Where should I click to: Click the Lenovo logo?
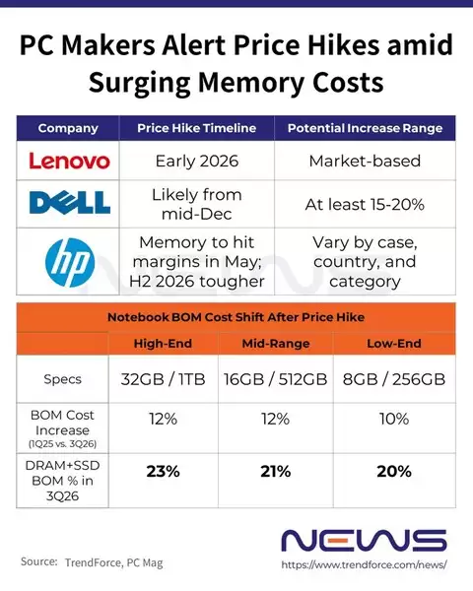coord(68,160)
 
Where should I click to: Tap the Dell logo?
coord(68,203)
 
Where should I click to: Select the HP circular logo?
coord(68,262)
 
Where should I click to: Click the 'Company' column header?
coord(68,128)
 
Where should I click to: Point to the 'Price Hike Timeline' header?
coord(198,128)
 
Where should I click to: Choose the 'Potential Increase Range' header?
coord(365,128)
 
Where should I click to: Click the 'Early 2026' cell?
coord(198,161)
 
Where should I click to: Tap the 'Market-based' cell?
coord(365,161)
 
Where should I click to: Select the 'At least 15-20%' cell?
coord(365,204)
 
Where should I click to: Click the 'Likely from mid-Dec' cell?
coord(198,204)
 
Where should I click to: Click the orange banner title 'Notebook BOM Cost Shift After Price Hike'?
coord(236,317)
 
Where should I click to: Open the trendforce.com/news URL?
coord(365,565)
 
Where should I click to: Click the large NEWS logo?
coord(364,540)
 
